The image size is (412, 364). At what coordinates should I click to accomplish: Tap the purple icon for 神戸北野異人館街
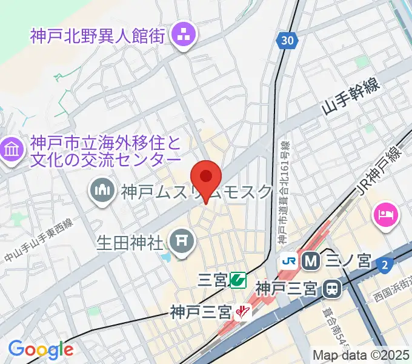click(x=182, y=35)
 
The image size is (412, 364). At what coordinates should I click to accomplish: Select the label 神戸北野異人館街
click(x=98, y=35)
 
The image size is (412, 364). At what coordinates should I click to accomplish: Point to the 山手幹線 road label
click(x=351, y=98)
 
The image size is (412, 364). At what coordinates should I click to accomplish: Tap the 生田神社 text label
click(x=130, y=243)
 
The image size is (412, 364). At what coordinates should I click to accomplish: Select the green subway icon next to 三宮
click(x=238, y=280)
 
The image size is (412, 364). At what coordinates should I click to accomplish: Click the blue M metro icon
click(x=311, y=261)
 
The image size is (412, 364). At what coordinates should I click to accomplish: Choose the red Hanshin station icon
click(x=243, y=312)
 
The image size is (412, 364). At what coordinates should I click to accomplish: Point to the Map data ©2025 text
click(x=361, y=355)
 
